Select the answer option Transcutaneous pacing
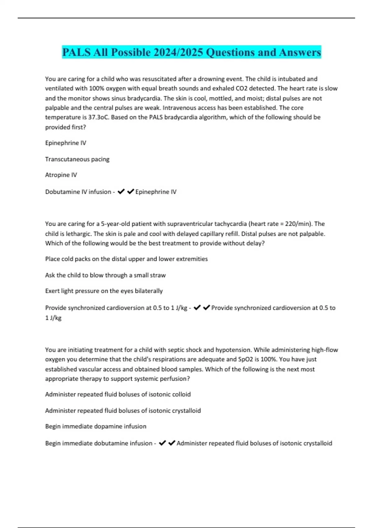pos(77,159)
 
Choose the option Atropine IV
pos(61,175)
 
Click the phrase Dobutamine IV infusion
pos(78,192)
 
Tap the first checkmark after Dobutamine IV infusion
pos(121,191)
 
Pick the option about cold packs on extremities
pos(126,259)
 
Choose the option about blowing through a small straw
pos(105,275)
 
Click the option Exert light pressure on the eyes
pos(104,291)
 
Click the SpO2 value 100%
pos(311,359)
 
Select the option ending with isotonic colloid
pos(118,394)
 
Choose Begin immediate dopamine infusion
pos(96,426)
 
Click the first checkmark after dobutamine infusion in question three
pos(162,443)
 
